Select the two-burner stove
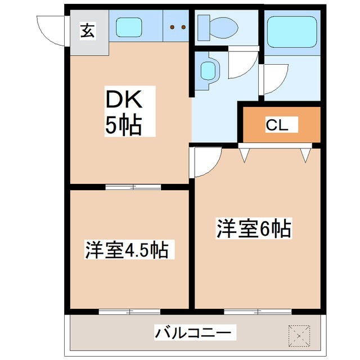[x=177, y=27]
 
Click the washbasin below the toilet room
[x=208, y=70]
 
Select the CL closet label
[x=277, y=125]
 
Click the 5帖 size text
[x=123, y=126]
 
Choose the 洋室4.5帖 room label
[x=127, y=249]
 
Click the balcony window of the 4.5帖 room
[x=129, y=311]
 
